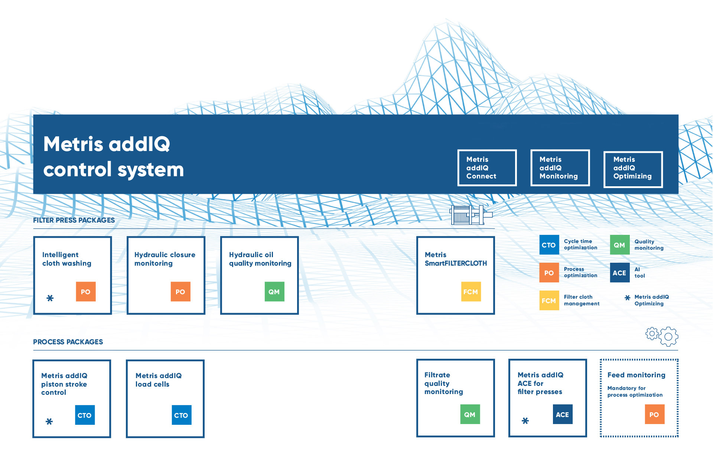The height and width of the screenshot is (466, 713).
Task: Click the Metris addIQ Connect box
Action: [487, 168]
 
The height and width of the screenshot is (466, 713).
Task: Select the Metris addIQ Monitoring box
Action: [560, 168]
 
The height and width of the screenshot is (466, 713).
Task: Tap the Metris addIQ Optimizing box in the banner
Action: [633, 169]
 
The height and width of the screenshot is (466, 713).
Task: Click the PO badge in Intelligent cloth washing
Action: [86, 292]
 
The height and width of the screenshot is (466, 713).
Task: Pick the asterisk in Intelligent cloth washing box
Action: [50, 298]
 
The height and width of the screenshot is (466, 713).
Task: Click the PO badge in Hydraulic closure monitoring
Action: [180, 292]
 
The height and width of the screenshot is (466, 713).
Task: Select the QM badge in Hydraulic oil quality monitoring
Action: [274, 292]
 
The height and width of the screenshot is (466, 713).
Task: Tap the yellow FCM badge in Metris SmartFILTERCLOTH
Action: [471, 292]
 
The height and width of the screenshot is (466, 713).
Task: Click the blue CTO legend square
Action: [549, 245]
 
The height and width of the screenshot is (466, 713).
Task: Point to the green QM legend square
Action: [619, 245]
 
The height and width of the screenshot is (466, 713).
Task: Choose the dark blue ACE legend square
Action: [619, 273]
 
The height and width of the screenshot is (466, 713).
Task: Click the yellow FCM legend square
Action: [549, 301]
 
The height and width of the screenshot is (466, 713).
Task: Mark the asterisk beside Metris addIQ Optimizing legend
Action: [628, 298]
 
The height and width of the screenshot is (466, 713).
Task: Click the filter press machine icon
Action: [471, 215]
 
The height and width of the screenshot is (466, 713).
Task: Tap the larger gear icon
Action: [668, 337]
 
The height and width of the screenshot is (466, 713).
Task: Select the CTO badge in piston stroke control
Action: [85, 415]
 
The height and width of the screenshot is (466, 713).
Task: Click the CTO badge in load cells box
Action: [182, 415]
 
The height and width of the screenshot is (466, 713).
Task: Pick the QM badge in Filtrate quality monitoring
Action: [470, 414]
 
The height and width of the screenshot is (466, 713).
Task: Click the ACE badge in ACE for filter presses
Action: [563, 414]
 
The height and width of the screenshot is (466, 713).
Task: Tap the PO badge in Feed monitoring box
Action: [654, 414]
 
